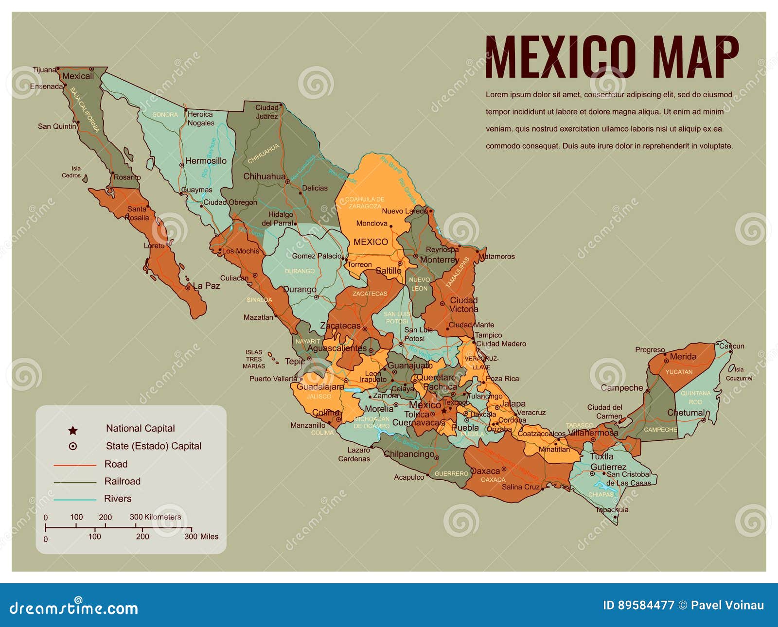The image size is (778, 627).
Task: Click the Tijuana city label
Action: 44,70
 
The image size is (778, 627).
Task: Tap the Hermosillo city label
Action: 206,161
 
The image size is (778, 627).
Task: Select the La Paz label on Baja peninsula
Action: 207,286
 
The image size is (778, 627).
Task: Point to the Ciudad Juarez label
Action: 267,112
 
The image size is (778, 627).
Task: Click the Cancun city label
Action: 731,346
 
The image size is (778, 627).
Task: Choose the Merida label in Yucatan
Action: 683,357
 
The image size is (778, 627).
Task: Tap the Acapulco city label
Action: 409,477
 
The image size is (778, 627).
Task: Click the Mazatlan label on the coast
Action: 258,317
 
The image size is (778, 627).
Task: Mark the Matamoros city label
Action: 496,256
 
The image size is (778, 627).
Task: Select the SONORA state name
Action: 165,115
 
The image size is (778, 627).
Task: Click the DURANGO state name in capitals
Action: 300,271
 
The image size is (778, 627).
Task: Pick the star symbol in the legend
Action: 73,430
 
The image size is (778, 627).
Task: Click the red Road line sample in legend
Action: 75,465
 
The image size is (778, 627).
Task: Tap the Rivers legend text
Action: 118,499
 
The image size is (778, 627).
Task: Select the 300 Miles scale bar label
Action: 201,537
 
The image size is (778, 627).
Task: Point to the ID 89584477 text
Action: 638,605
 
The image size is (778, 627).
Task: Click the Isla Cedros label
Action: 72,172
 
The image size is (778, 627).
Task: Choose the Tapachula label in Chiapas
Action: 612,509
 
